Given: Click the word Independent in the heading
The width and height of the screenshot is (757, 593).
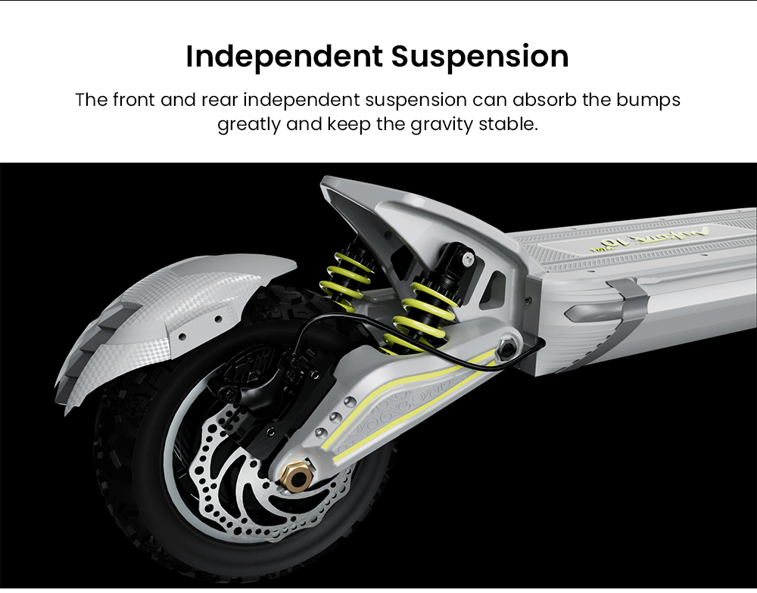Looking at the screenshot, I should tap(285, 57).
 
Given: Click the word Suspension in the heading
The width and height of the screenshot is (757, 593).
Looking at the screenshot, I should tap(481, 57).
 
